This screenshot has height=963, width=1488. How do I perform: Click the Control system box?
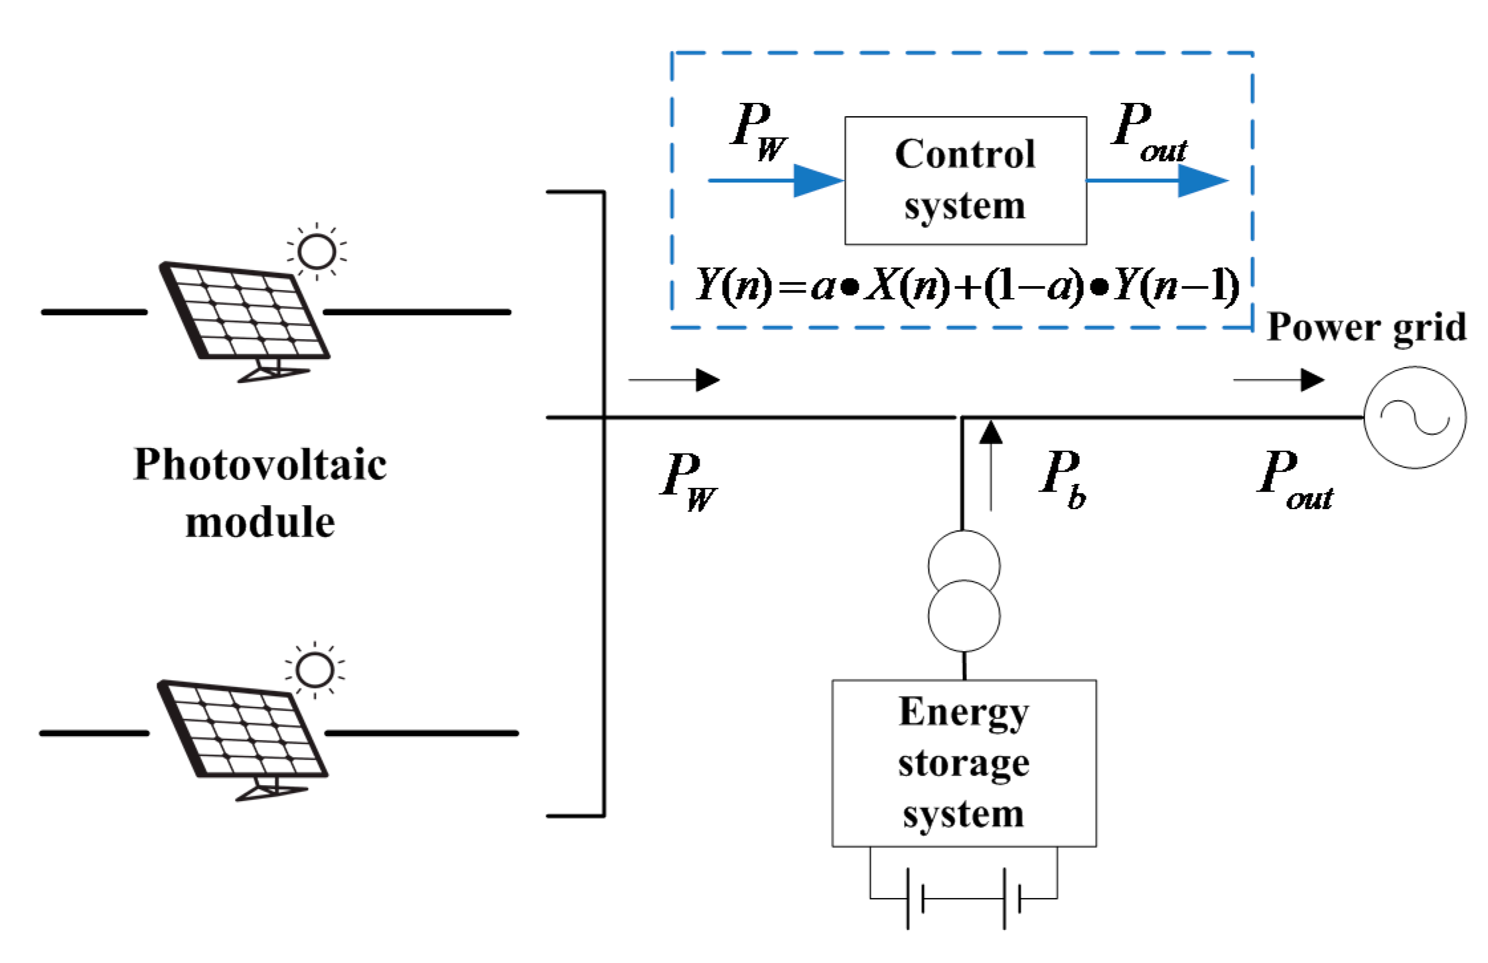(x=965, y=181)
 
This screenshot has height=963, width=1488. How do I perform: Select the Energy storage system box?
(x=964, y=763)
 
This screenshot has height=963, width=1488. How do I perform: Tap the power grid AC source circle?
(x=1414, y=417)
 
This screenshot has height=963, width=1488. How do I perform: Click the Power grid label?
(x=1366, y=327)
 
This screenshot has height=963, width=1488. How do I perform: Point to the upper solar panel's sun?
(x=317, y=252)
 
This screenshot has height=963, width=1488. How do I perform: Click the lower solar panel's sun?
(x=315, y=670)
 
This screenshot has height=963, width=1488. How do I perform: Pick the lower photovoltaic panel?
(x=242, y=730)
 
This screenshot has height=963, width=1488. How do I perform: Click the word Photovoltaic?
(x=260, y=464)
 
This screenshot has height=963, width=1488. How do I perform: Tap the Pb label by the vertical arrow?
(x=1062, y=478)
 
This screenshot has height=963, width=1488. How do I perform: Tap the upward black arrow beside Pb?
(x=990, y=465)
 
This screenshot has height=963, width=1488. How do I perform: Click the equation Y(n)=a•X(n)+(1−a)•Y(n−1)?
(x=966, y=286)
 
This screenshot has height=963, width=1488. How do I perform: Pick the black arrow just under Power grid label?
(x=1278, y=380)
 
